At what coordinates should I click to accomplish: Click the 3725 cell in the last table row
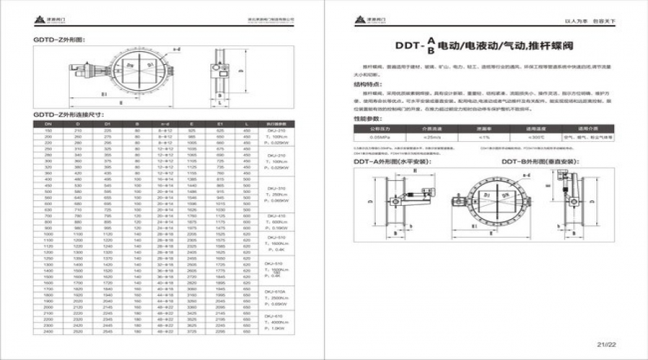pyautogui.click(x=192, y=332)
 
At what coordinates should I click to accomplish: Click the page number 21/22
pyautogui.click(x=611, y=344)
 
